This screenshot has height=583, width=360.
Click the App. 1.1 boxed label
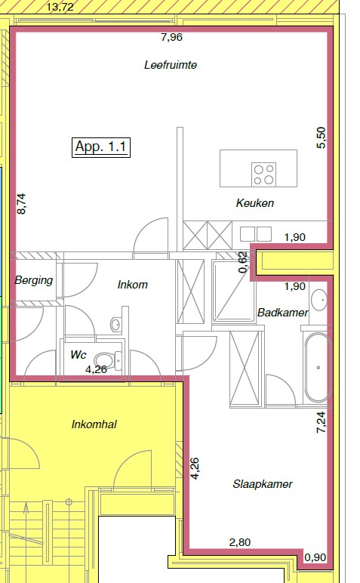click(x=100, y=147)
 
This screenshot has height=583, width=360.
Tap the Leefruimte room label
click(x=171, y=65)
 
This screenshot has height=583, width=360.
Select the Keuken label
click(x=255, y=203)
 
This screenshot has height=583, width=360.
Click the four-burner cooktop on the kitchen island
click(x=264, y=174)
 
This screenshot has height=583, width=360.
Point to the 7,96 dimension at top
click(x=171, y=37)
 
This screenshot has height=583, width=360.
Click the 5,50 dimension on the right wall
click(x=321, y=137)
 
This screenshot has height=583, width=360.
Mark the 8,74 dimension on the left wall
click(x=22, y=204)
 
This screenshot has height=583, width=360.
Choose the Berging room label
click(x=34, y=280)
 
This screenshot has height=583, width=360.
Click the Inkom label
click(x=133, y=285)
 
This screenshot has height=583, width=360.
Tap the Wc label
click(x=78, y=355)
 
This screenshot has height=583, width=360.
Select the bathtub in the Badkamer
click(x=318, y=367)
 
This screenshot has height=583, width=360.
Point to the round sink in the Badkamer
click(x=318, y=300)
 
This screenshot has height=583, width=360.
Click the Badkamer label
click(x=283, y=313)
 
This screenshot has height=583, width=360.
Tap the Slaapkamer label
click(x=263, y=484)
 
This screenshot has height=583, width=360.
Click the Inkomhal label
click(x=94, y=424)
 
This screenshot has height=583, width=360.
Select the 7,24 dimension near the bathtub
click(x=321, y=422)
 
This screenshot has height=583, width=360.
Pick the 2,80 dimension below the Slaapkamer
click(x=240, y=542)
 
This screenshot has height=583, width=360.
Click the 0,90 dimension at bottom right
click(x=315, y=557)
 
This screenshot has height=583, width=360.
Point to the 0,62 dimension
click(x=243, y=262)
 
